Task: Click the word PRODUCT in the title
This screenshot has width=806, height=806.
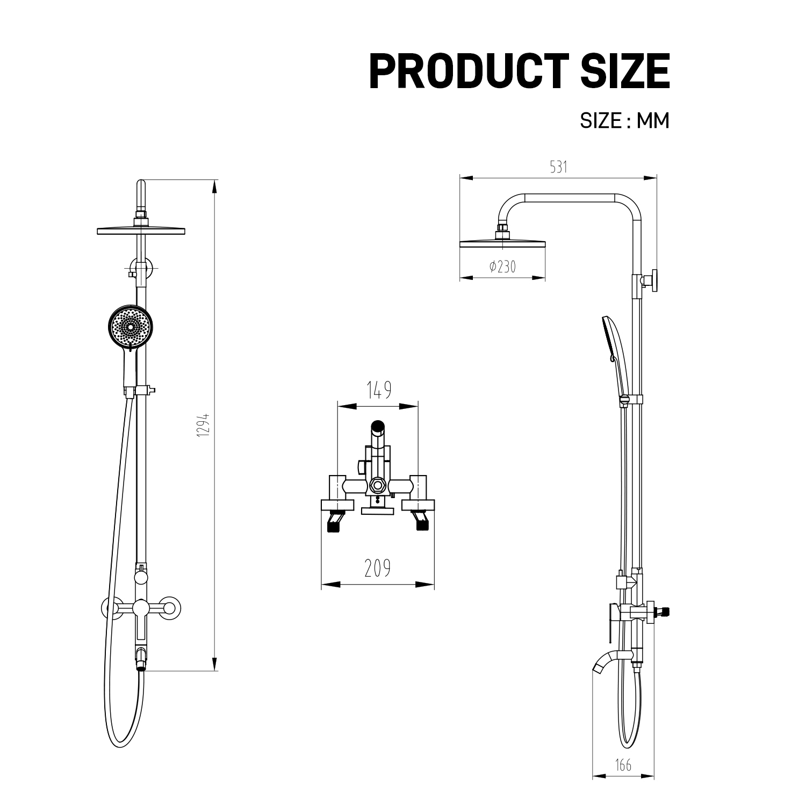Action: coord(469,71)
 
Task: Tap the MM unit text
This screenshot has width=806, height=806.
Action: coord(653,120)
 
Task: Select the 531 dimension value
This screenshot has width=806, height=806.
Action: coord(558,167)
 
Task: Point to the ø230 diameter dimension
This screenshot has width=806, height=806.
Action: coord(502,267)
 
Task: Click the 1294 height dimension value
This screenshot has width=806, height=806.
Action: coord(202,424)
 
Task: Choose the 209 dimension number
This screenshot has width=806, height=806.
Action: coord(378,568)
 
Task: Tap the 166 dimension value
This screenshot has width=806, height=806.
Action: coord(623,765)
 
